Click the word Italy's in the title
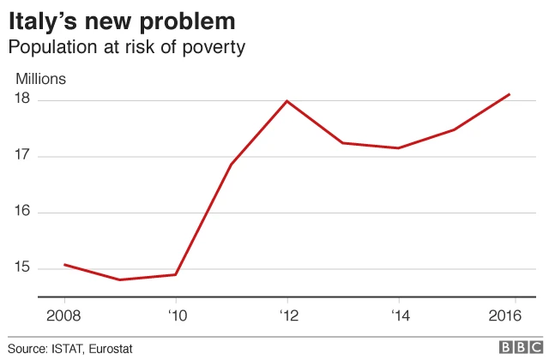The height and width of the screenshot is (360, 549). (x=45, y=19)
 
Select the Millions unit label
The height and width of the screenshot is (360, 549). (x=40, y=79)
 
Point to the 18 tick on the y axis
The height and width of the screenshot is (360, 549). (x=22, y=99)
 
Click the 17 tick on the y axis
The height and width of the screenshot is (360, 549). (x=22, y=156)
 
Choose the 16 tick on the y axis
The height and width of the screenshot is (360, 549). (x=22, y=213)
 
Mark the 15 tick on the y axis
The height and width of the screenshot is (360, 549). (x=22, y=268)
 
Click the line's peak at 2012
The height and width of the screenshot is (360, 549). (x=287, y=101)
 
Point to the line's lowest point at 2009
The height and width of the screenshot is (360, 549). (x=119, y=279)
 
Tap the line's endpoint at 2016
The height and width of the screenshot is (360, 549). (x=510, y=94)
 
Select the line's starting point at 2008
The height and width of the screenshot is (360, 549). (x=64, y=264)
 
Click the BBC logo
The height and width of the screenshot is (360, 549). (x=518, y=347)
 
